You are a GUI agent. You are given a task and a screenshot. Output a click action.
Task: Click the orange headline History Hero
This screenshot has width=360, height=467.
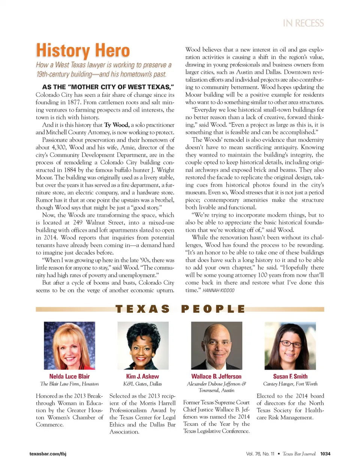pos(83,51)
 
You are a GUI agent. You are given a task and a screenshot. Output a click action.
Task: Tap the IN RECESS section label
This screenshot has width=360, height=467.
pos(303,23)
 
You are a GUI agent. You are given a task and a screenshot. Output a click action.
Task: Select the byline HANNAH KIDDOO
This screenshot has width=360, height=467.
pos(218,290)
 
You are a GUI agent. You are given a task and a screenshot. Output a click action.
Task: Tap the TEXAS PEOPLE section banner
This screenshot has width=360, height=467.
pos(180,309)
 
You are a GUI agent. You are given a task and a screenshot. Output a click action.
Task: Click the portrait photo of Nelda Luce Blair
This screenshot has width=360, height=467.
pos(69,345)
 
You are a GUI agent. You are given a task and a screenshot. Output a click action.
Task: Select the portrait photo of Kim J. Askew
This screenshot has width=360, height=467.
pos(143,345)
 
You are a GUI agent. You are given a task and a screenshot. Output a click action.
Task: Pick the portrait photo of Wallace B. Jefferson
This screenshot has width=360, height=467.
pos(216,345)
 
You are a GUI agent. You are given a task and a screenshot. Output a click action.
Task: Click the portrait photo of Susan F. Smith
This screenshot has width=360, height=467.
pos(290,345)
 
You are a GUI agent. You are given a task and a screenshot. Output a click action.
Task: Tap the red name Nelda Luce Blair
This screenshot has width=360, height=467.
pos(69,376)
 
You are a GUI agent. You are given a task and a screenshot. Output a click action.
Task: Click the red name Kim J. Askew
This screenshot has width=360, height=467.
pos(142,376)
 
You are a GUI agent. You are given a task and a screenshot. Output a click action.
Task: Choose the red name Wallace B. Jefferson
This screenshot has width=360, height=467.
pos(216,376)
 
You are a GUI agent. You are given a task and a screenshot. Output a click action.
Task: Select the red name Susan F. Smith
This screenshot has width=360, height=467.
pos(290,376)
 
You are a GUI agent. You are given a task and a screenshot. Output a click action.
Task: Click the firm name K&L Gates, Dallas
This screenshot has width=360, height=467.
pos(142,384)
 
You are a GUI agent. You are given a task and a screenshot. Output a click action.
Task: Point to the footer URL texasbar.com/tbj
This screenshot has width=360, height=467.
pos(48,454)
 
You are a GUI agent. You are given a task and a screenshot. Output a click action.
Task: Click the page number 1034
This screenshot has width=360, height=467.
pos(325,454)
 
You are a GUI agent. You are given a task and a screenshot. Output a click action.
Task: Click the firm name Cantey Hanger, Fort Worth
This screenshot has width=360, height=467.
pos(290,384)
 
